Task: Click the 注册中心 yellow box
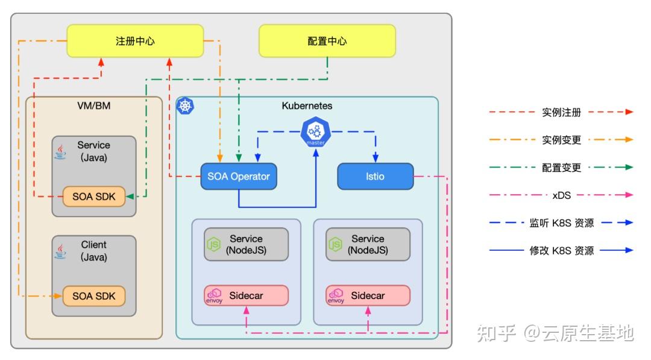pyautogui.click(x=135, y=41)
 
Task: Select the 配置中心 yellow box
pyautogui.click(x=327, y=41)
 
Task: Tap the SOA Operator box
pyautogui.click(x=239, y=177)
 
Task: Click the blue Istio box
pyautogui.click(x=375, y=177)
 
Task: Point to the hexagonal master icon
pyautogui.click(x=316, y=132)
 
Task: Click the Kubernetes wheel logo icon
pyautogui.click(x=185, y=106)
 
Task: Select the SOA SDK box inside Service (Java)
pyautogui.click(x=93, y=196)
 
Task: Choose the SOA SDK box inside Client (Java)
pyautogui.click(x=93, y=296)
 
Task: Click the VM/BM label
pyautogui.click(x=94, y=106)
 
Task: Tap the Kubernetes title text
pyautogui.click(x=307, y=106)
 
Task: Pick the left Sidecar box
pyautogui.click(x=246, y=295)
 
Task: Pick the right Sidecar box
pyautogui.click(x=368, y=295)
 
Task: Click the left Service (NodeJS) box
pyautogui.click(x=246, y=244)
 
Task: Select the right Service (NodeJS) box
pyautogui.click(x=368, y=244)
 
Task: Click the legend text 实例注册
pyautogui.click(x=562, y=112)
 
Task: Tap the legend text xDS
pyautogui.click(x=562, y=195)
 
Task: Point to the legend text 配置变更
pyautogui.click(x=562, y=168)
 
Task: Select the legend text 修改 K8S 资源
pyautogui.click(x=562, y=250)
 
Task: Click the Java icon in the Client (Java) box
pyautogui.click(x=60, y=251)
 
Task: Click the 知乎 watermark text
pyautogui.click(x=496, y=333)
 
